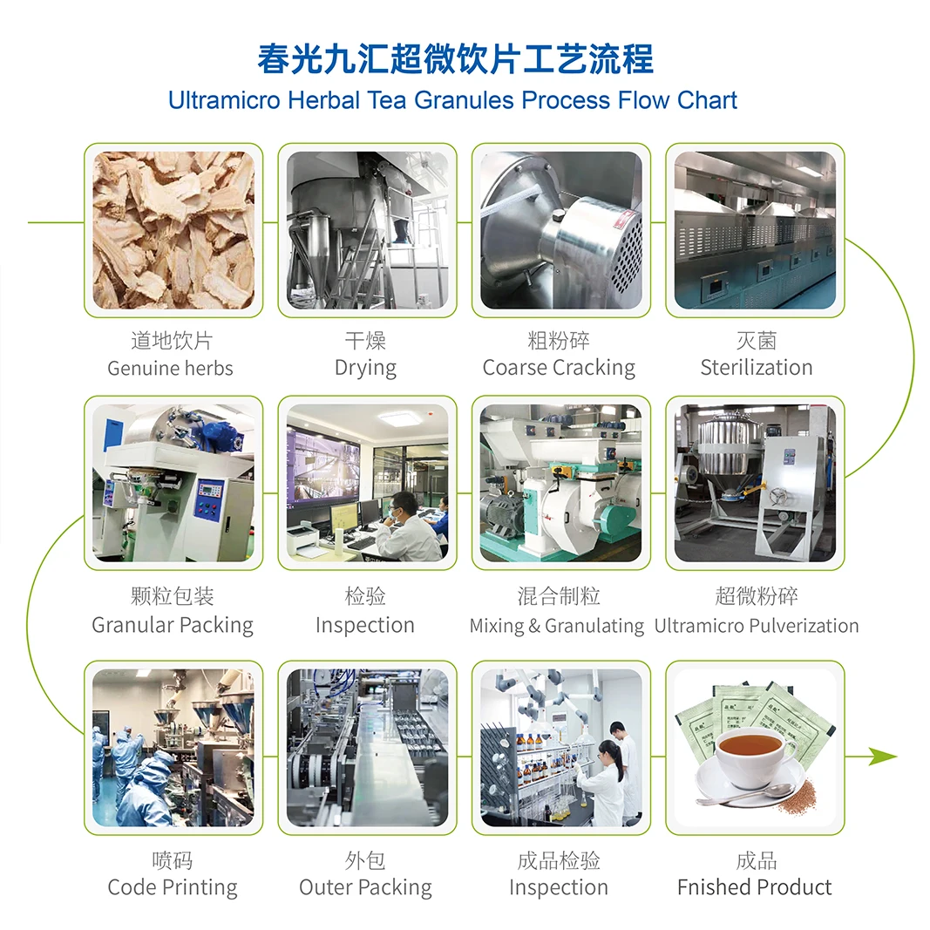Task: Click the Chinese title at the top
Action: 455,59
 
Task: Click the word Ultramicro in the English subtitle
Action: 224,100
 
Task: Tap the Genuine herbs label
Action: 171,369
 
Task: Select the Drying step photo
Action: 367,230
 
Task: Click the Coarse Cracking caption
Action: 559,368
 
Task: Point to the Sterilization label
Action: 756,368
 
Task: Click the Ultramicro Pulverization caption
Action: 756,626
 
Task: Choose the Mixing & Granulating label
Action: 556,626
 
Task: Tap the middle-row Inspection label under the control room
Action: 365,625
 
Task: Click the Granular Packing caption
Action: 173,625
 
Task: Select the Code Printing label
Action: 173,887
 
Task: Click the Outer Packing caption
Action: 365,887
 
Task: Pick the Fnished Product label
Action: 755,887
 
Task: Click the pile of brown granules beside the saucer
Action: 797,802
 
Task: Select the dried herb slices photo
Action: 173,230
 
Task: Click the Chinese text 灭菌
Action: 756,340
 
